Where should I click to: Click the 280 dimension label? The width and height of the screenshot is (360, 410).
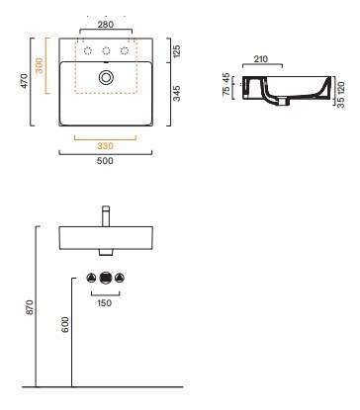click(106, 25)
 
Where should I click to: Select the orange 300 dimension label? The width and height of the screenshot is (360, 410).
click(39, 65)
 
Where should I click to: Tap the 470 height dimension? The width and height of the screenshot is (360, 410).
click(25, 81)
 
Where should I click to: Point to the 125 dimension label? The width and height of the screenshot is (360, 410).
click(177, 51)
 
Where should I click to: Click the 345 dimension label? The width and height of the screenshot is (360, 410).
click(177, 93)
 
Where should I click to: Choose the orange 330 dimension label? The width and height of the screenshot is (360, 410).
click(105, 145)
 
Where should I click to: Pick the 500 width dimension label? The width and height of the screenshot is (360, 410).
click(105, 161)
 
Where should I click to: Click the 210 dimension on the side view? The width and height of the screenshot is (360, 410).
click(261, 59)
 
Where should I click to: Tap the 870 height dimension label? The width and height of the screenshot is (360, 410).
click(30, 307)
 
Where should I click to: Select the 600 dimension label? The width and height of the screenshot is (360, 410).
click(65, 324)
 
